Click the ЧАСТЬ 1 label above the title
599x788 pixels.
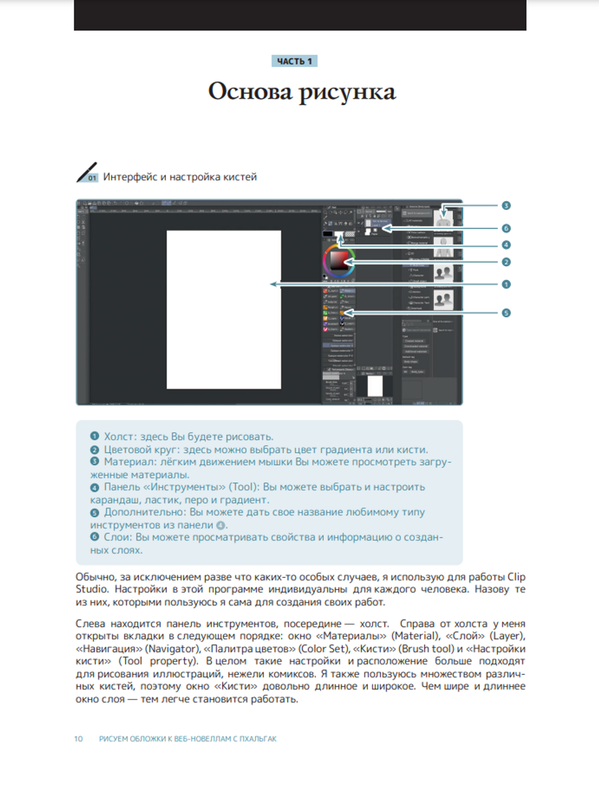[x=294, y=61]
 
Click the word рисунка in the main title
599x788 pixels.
[x=347, y=92]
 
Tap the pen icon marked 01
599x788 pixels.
[x=87, y=173]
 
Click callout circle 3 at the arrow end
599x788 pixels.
[x=506, y=206]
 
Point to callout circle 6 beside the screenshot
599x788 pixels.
[x=506, y=229]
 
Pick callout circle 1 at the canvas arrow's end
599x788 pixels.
[x=506, y=285]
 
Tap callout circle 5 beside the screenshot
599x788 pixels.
[x=506, y=313]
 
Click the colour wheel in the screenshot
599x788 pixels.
[x=339, y=260]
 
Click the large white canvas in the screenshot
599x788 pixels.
[x=223, y=309]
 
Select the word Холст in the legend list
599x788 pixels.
[x=119, y=437]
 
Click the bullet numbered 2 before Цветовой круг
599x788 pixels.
[x=95, y=449]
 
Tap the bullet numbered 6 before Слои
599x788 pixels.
[x=95, y=537]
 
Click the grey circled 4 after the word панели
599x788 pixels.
[x=220, y=525]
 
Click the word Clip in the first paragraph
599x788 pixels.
[x=516, y=577]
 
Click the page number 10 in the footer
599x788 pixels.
[x=78, y=739]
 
